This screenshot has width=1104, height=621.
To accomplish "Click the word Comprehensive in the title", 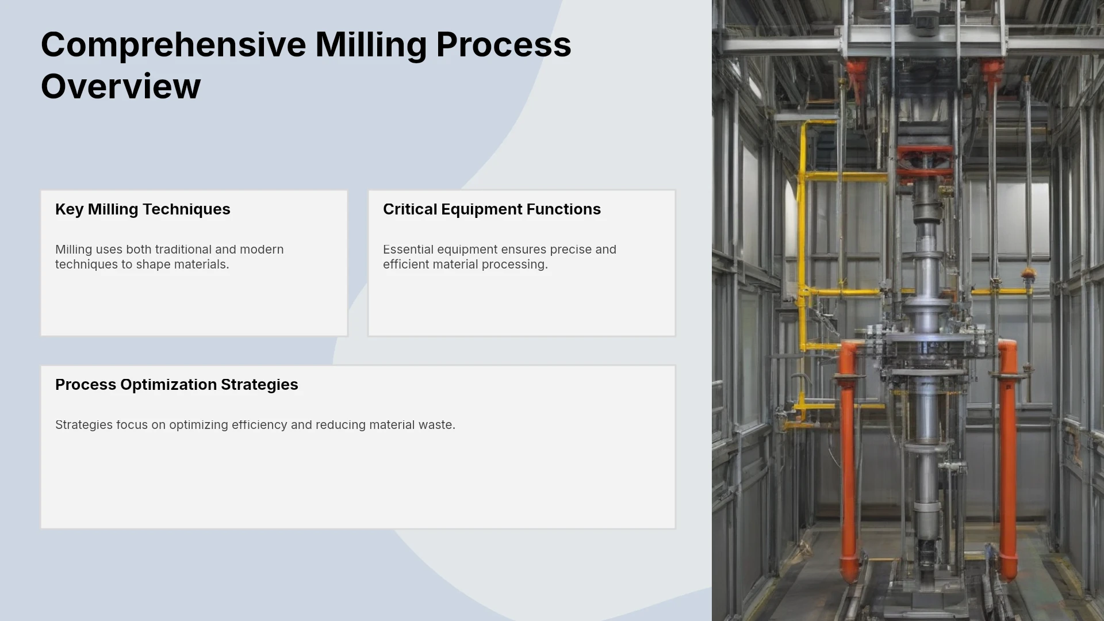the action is (x=174, y=45).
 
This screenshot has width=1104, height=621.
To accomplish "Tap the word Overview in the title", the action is (x=121, y=87).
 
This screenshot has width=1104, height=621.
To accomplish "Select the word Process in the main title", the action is (x=504, y=44).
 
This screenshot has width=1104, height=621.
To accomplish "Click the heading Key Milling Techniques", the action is (x=143, y=209).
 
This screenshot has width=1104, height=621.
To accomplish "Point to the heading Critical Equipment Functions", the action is (x=492, y=209).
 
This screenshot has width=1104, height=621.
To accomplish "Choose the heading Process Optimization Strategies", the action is (x=177, y=385).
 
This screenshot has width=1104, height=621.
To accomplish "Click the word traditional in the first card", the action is (x=183, y=250).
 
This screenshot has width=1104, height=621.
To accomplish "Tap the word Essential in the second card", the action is (x=408, y=250).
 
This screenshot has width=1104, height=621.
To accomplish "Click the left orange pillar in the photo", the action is (x=847, y=460).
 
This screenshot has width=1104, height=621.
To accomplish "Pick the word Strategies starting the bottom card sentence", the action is (x=84, y=425).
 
